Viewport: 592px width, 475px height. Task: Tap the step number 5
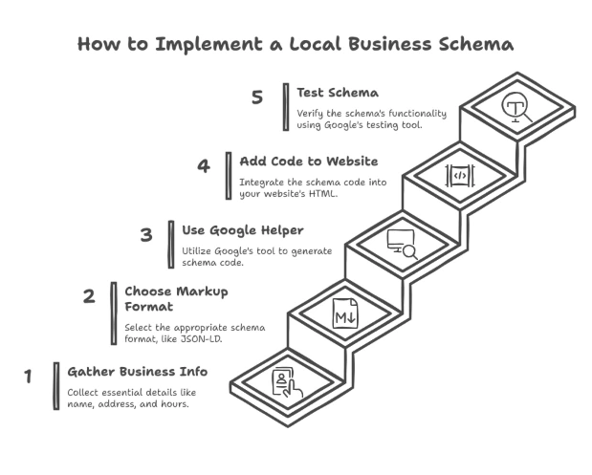tap(257, 97)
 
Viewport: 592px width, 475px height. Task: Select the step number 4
tap(203, 165)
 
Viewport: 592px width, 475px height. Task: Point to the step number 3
tap(145, 234)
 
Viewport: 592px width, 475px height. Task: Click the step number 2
tap(89, 296)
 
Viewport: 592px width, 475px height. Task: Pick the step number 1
tap(29, 376)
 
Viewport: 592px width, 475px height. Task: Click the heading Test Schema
tap(338, 93)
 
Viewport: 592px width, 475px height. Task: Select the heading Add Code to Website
tap(308, 161)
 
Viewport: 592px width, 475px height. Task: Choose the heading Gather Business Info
tap(137, 371)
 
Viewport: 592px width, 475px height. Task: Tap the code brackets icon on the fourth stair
tap(458, 175)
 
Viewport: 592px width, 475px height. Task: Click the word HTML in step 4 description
tap(324, 193)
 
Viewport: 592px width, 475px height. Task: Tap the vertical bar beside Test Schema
tap(285, 106)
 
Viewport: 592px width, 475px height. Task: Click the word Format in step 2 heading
tap(148, 307)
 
